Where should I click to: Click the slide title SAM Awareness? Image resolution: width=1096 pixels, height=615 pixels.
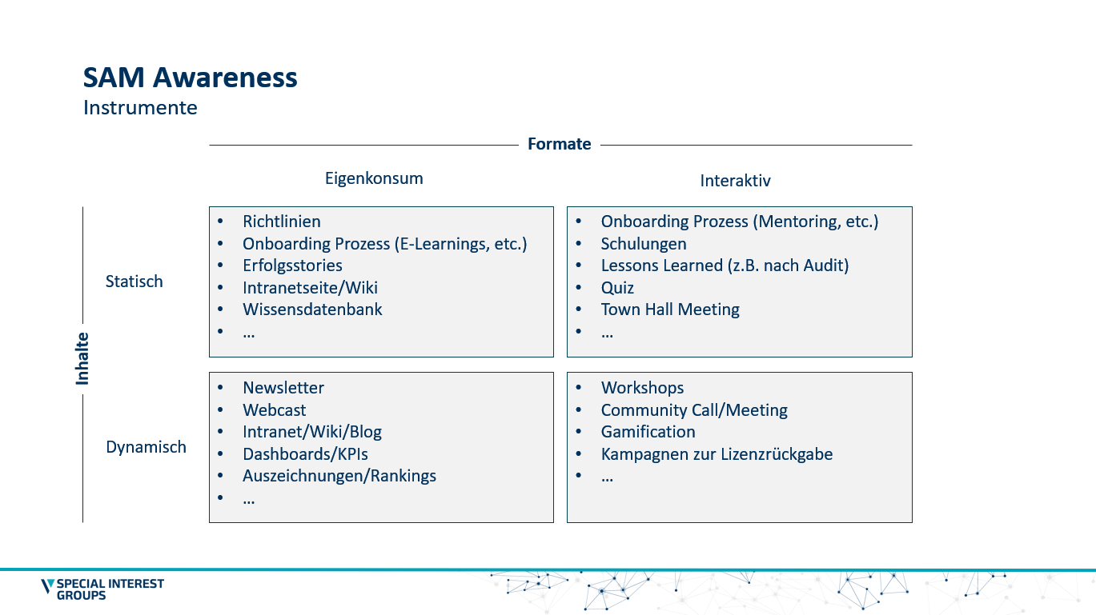click(191, 78)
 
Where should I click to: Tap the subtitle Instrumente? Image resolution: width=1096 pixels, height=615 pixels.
click(140, 107)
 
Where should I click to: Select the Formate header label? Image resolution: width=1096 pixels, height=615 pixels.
click(559, 144)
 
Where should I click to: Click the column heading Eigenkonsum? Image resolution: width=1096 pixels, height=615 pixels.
click(374, 178)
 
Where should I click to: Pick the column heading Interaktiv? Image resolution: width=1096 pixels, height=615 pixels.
click(735, 181)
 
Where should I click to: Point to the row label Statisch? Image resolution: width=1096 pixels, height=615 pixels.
click(134, 282)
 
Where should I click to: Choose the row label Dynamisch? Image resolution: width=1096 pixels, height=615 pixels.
click(146, 447)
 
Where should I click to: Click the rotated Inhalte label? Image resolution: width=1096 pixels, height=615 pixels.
click(82, 358)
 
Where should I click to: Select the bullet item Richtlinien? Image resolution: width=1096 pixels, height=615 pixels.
click(282, 222)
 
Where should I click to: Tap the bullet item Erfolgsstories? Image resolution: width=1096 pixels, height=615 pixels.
click(292, 266)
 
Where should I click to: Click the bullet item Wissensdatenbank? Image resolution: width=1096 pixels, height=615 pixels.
click(312, 309)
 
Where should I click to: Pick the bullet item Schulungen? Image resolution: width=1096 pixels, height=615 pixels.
click(644, 244)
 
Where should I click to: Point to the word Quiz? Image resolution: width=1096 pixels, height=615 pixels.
click(617, 288)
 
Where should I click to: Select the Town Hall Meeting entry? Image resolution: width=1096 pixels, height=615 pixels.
click(670, 309)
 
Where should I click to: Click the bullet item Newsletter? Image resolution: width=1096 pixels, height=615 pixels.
click(283, 388)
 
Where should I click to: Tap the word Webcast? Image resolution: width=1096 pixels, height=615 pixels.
click(275, 410)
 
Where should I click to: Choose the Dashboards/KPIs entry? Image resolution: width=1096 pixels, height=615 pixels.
click(305, 454)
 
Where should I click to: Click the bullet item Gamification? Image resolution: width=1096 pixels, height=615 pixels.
click(648, 432)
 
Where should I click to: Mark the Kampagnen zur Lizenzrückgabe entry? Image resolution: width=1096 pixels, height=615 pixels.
click(717, 454)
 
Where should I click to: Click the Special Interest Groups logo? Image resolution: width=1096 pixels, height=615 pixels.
click(102, 589)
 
